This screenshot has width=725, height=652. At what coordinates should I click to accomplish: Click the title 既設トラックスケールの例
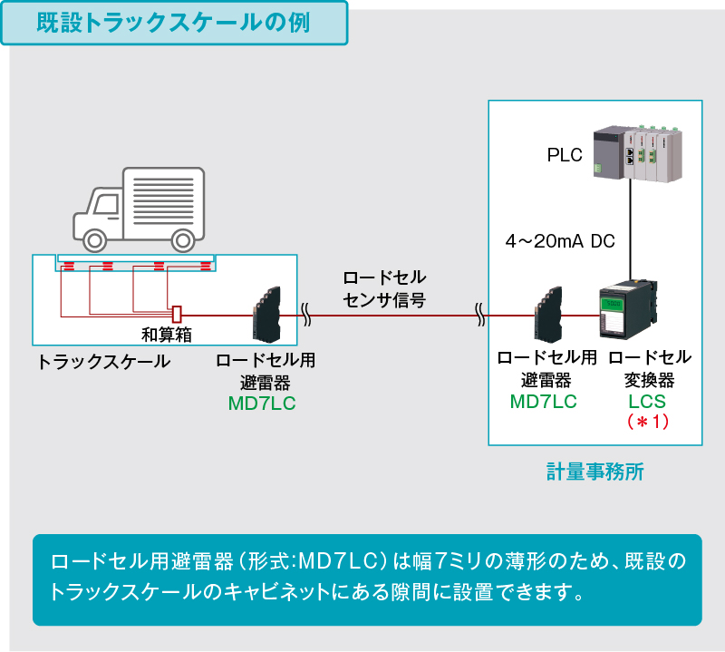click(174, 24)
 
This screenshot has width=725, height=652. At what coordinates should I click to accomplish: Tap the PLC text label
click(565, 155)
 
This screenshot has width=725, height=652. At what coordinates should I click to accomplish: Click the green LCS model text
click(647, 401)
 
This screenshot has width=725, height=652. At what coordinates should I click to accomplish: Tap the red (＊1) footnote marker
click(647, 422)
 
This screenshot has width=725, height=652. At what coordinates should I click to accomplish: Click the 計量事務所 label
click(594, 472)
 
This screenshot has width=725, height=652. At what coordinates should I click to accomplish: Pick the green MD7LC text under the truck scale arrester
click(262, 403)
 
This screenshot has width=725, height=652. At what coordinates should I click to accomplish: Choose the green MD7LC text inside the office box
click(544, 401)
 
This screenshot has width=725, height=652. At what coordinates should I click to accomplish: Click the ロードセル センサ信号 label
click(383, 288)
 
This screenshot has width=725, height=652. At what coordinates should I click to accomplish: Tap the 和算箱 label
click(166, 335)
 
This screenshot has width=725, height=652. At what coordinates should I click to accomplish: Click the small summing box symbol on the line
click(178, 313)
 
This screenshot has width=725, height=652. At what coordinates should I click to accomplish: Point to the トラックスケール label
click(103, 362)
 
